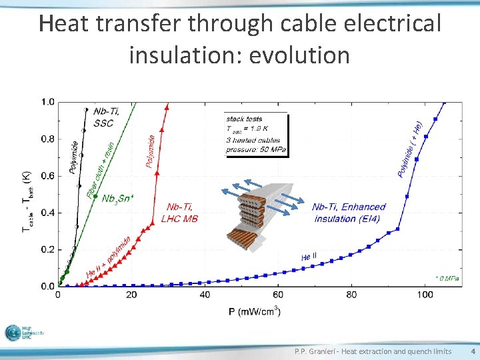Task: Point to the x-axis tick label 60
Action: coord(277,295)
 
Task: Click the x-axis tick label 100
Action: coord(424,295)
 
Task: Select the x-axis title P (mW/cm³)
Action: coord(254,310)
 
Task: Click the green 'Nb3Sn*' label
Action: coord(117,198)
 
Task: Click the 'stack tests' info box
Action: coord(256,135)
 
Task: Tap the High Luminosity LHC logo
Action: coord(24,333)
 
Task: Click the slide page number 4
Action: coord(472,351)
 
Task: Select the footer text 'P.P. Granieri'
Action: coord(317,351)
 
